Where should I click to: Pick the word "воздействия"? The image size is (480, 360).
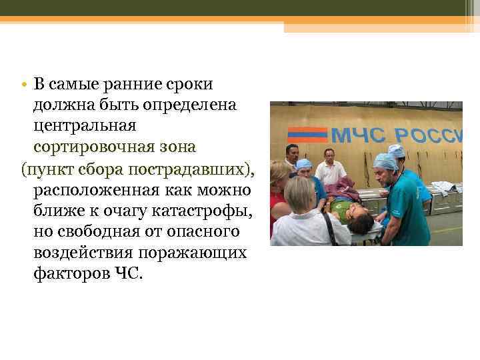coord(81,254)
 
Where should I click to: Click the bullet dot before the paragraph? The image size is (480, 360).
coord(23,85)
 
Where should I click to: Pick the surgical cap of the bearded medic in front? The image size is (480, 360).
coord(385,161)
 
